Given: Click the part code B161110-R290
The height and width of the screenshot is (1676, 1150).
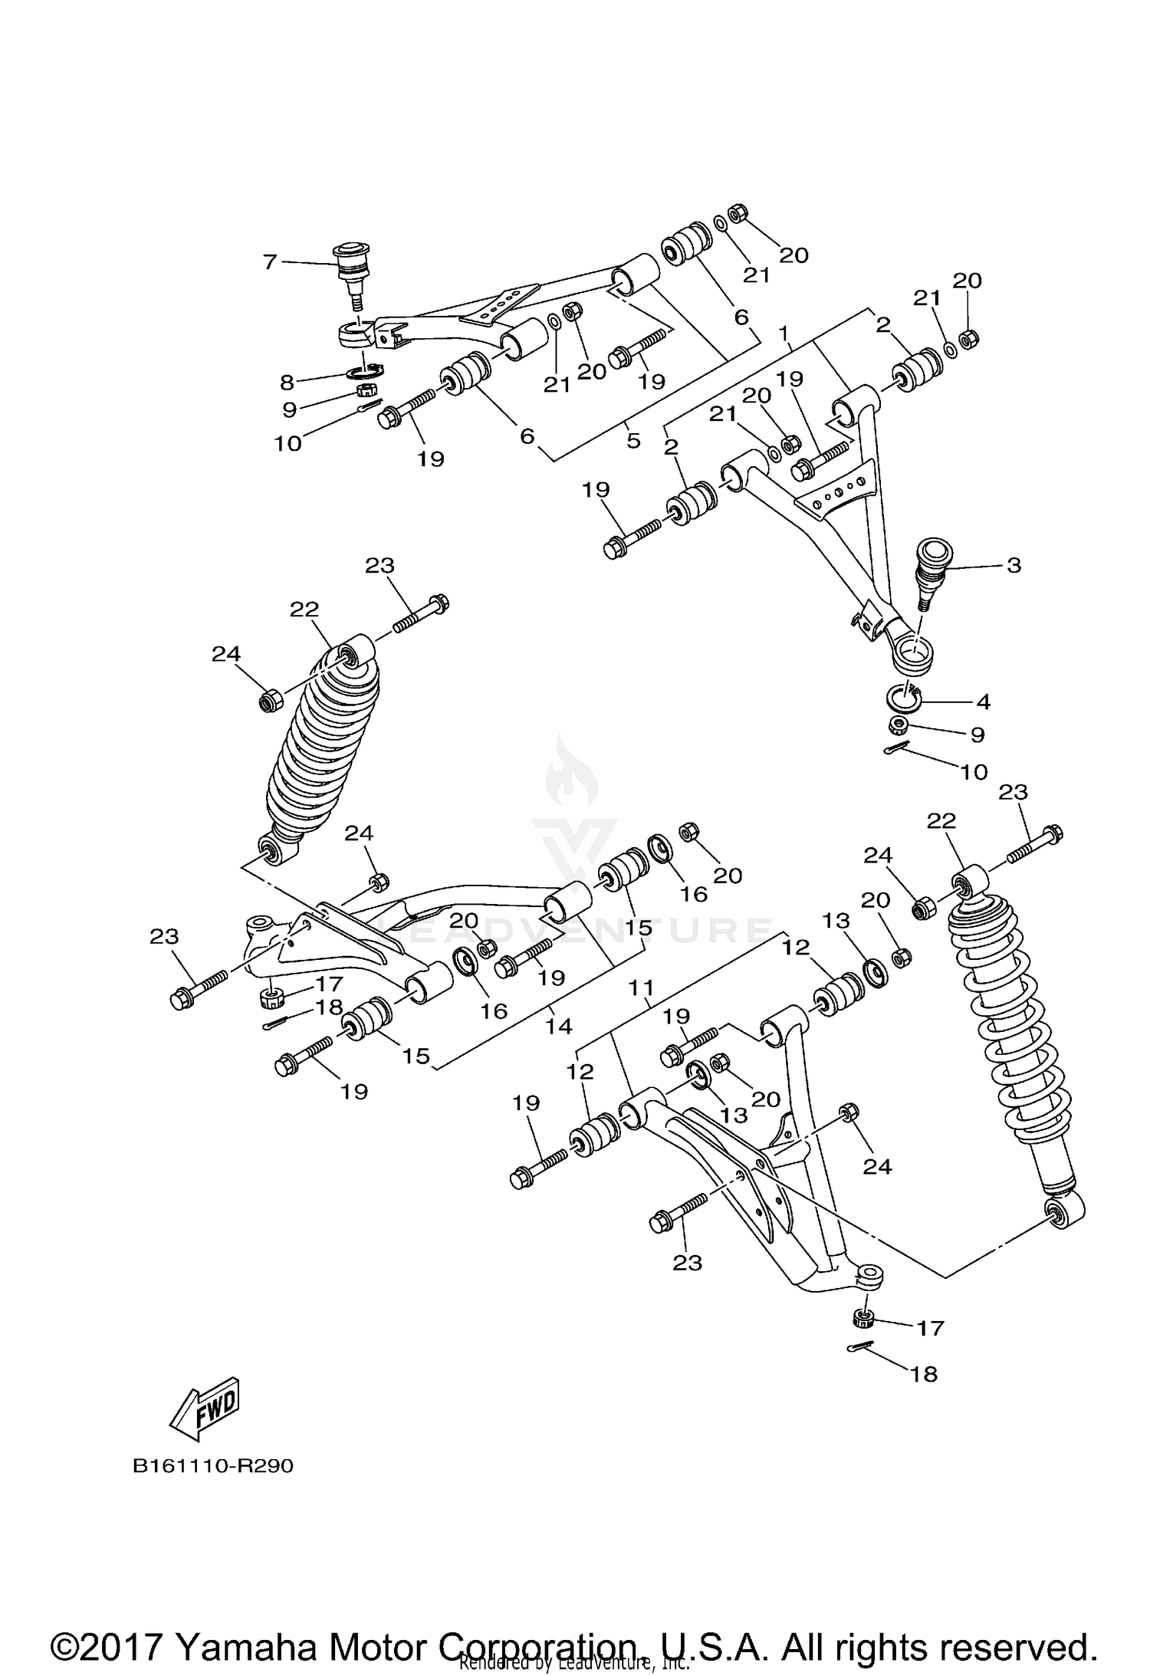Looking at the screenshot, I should (213, 1466).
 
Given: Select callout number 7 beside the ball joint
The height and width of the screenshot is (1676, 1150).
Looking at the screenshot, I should (270, 262).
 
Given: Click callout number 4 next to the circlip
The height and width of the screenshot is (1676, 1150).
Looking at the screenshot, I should (984, 701).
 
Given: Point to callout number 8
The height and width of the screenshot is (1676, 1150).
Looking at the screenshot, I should (287, 382).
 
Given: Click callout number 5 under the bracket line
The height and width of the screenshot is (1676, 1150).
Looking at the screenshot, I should (633, 442).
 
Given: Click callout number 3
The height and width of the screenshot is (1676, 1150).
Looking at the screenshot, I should (1014, 566).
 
